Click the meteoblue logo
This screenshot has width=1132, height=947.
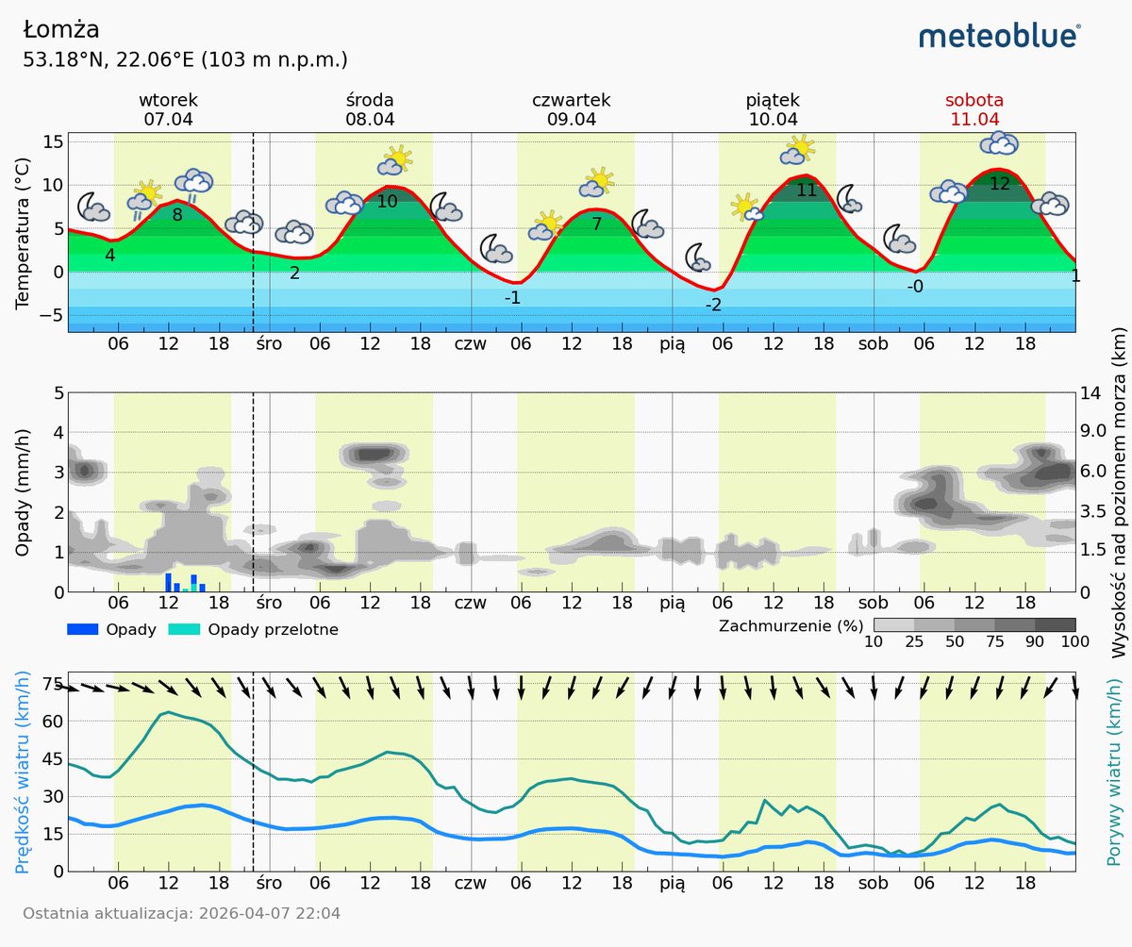coord(999,36)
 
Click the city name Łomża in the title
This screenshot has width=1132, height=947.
coord(61,30)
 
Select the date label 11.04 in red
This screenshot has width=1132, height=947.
coord(974,119)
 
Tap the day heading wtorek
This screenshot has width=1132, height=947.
coord(169,100)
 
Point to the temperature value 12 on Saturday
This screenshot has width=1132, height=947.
coord(999,184)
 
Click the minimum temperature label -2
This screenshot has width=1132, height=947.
coord(713,305)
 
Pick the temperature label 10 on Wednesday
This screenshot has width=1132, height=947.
coord(388,201)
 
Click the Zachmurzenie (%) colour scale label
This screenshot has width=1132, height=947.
coord(791,625)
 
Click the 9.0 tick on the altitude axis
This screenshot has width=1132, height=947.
coord(1098,432)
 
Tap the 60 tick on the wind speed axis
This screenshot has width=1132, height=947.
coord(52,722)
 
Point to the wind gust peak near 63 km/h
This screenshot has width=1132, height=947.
coord(168,712)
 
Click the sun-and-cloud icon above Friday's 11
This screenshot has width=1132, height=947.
coord(797,150)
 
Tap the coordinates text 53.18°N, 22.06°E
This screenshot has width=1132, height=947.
coord(185,60)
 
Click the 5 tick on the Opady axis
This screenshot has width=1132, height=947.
coord(58,391)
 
